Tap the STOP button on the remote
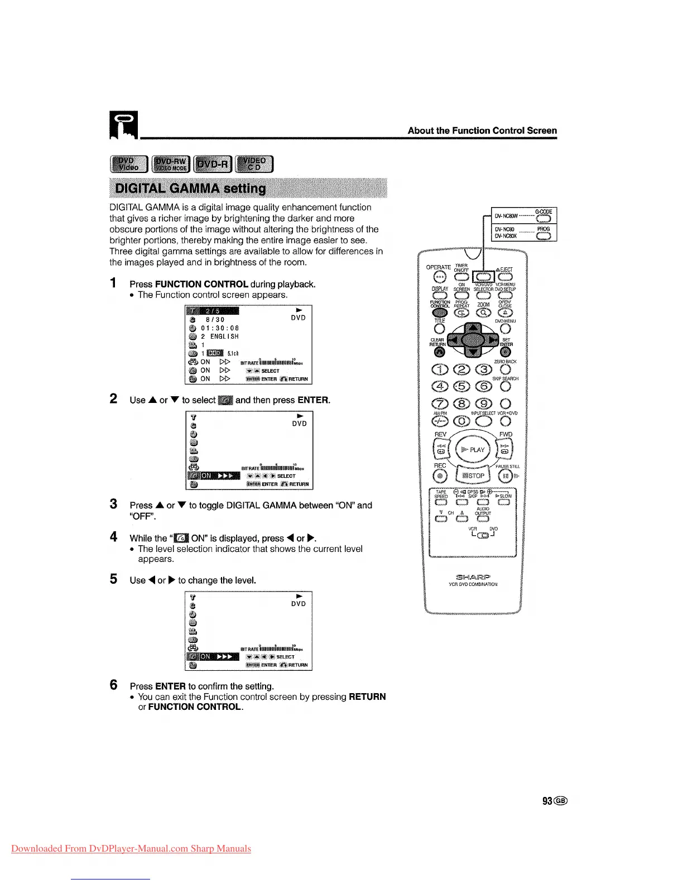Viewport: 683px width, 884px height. point(474,475)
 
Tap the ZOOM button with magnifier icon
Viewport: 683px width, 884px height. point(483,313)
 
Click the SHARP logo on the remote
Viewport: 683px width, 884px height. point(473,577)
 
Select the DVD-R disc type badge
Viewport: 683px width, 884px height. point(213,165)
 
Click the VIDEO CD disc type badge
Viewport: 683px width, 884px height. point(255,165)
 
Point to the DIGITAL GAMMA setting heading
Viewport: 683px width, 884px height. point(190,188)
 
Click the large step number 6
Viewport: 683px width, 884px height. point(114,685)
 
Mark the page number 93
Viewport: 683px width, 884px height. point(548,801)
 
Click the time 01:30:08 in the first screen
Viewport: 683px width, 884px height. point(220,328)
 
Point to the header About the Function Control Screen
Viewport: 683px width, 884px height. point(482,131)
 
